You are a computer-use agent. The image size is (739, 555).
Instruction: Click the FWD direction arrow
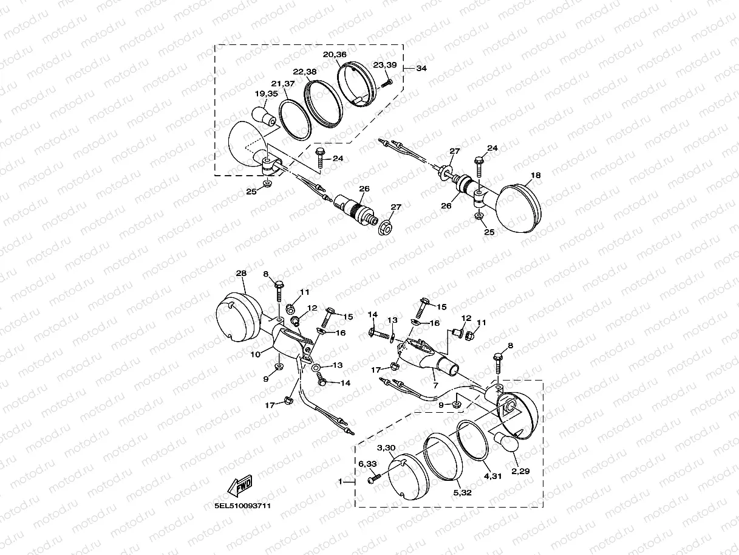[240, 486]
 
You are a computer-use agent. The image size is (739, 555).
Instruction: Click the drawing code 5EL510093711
[242, 506]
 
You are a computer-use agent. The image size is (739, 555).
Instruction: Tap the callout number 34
[421, 69]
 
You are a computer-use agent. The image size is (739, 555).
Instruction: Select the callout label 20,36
[335, 55]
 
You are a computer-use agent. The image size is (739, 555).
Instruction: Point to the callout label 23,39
[385, 64]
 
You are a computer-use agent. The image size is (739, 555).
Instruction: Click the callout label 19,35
[267, 94]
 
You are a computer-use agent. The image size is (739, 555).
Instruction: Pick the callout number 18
[536, 175]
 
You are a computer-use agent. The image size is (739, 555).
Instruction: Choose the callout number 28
[241, 273]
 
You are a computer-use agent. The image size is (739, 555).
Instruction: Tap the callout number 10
[256, 354]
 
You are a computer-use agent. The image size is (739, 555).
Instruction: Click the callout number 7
[435, 385]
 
